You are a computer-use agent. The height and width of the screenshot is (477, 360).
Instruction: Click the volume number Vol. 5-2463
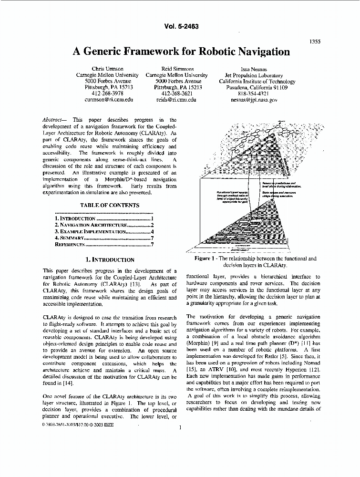tap(180, 27)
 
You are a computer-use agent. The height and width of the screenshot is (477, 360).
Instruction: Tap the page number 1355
tap(315, 41)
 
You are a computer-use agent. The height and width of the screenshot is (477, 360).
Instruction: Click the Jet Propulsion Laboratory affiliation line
tap(254, 75)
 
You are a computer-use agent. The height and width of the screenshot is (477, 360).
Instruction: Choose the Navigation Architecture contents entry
tap(103, 225)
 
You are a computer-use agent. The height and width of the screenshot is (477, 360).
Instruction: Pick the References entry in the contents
tap(103, 244)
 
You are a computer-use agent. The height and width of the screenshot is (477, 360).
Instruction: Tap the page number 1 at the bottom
tap(180, 427)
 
